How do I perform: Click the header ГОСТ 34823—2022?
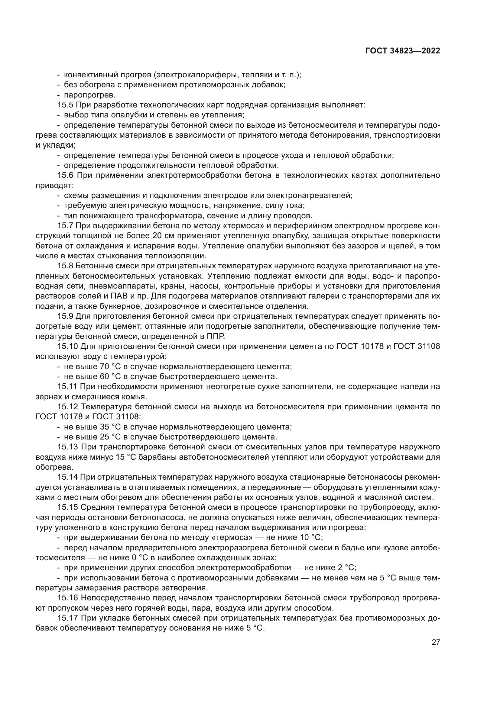tap(402, 51)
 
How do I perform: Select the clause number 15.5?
tap(65, 105)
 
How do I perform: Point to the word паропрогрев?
tap(89, 95)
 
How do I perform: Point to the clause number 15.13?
tap(67, 447)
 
